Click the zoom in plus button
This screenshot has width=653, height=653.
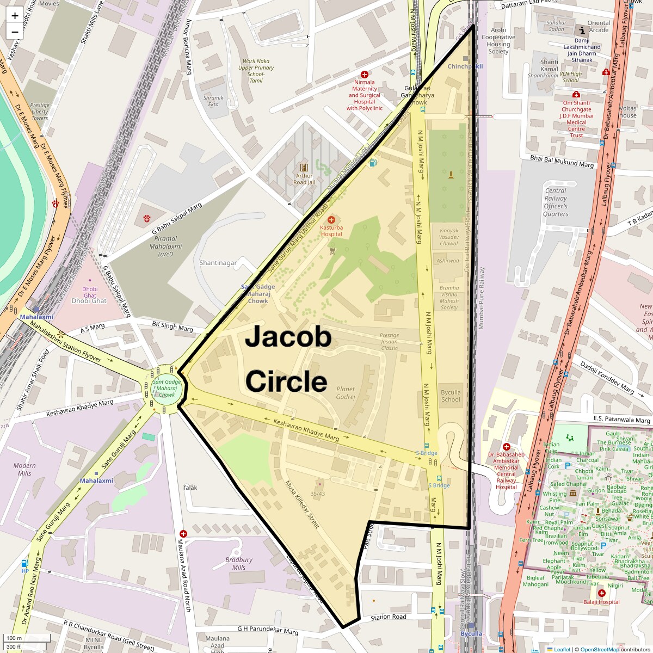tap(15, 15)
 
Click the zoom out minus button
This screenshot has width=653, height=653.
tap(15, 32)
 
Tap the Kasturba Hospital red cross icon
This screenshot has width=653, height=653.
tap(331, 219)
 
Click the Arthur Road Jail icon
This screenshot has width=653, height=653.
tap(304, 167)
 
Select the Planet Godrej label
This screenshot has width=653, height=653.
tap(346, 393)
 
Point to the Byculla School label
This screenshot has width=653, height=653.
tap(451, 396)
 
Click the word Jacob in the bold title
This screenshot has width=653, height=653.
tap(288, 337)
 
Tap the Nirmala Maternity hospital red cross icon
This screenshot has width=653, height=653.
tap(365, 74)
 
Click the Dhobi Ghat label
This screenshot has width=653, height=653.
tap(89, 300)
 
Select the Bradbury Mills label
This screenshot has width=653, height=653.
tap(239, 563)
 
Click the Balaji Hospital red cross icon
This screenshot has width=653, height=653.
tap(601, 593)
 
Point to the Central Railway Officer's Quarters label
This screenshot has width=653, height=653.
tap(556, 202)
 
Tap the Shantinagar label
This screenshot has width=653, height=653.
tap(218, 263)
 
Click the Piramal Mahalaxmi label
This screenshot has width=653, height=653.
tap(165, 246)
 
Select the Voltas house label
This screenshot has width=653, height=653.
tap(627, 112)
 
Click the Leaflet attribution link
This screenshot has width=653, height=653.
tap(562, 649)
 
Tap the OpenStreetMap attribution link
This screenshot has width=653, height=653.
tap(600, 649)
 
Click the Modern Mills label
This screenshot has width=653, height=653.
tap(24, 469)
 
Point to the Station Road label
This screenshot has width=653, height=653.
tap(389, 617)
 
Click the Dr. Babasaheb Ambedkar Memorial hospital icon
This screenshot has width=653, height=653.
tap(506, 447)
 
